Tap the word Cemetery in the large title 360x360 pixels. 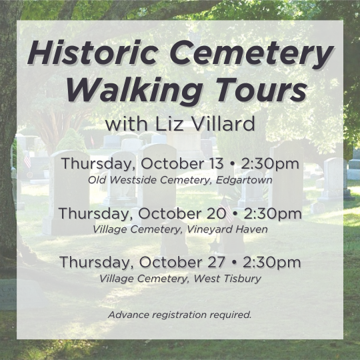[251, 55]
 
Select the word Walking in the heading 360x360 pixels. [134, 91]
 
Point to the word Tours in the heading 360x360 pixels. [261, 89]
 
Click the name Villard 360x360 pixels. [223, 123]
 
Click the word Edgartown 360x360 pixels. [244, 180]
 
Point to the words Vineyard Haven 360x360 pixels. [227, 229]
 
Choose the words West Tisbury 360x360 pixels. [227, 279]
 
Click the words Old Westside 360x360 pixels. [122, 180]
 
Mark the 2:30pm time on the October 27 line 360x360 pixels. [271, 263]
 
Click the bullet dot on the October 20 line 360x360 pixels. [235, 213]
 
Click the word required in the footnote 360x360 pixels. [231, 315]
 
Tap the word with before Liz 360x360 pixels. [126, 123]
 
